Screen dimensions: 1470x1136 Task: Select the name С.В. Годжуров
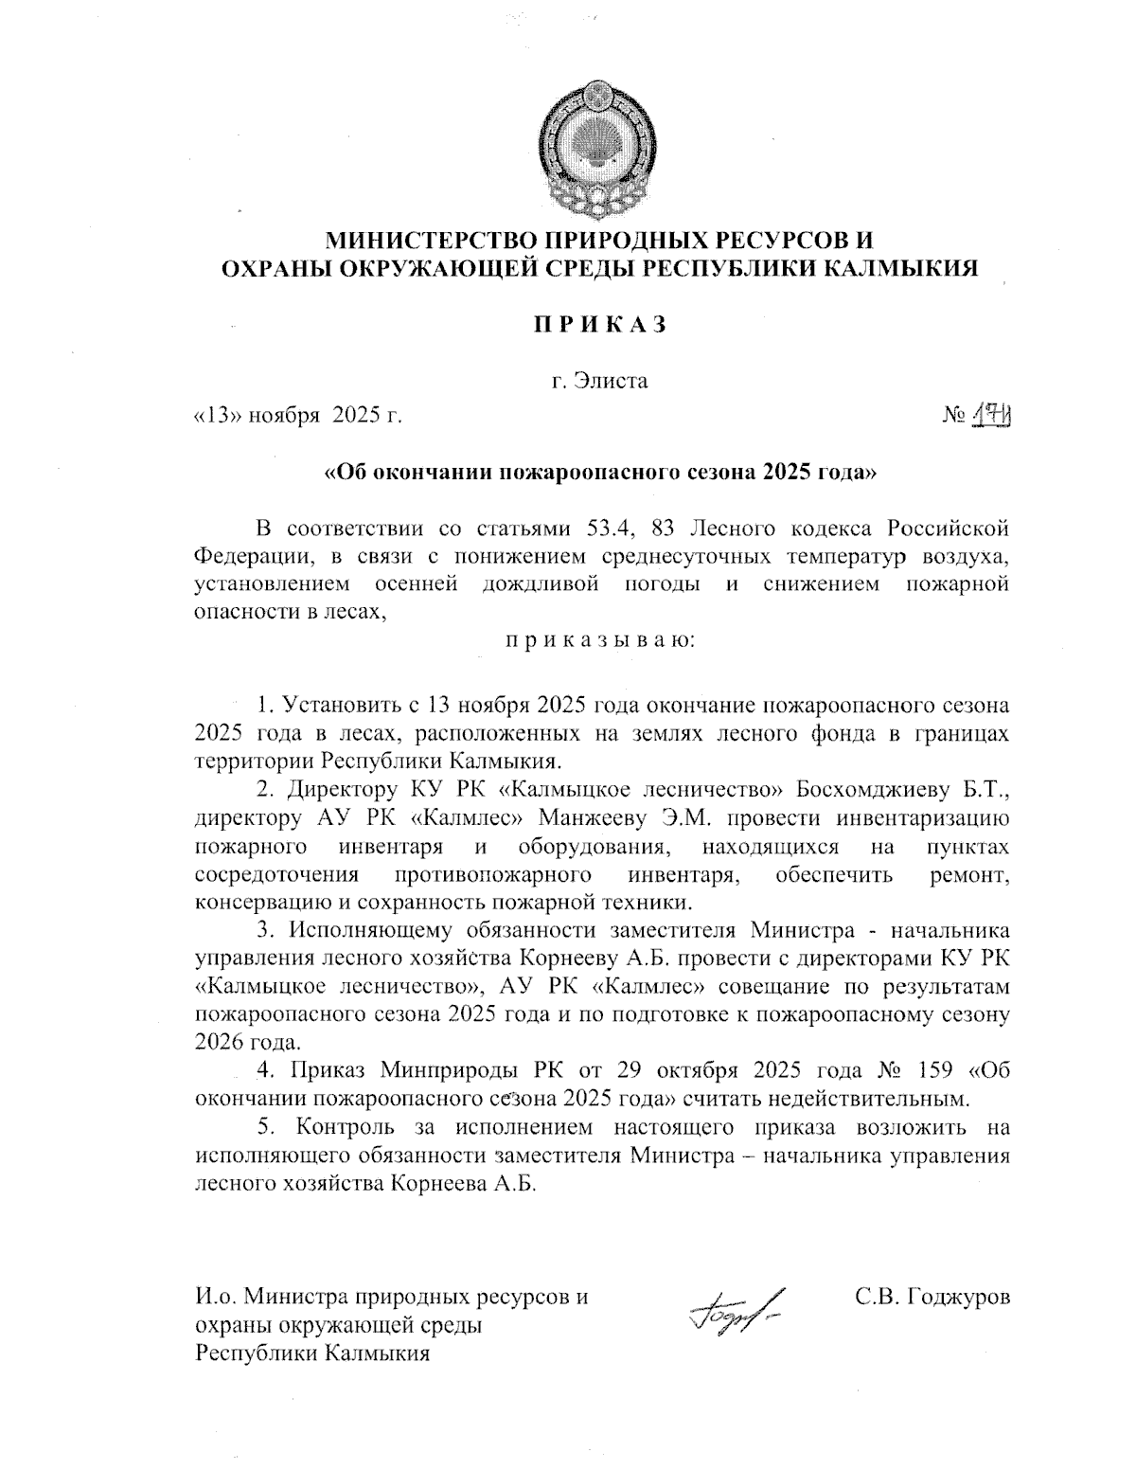(x=932, y=1296)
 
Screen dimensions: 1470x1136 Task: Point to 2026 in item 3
(x=219, y=1044)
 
